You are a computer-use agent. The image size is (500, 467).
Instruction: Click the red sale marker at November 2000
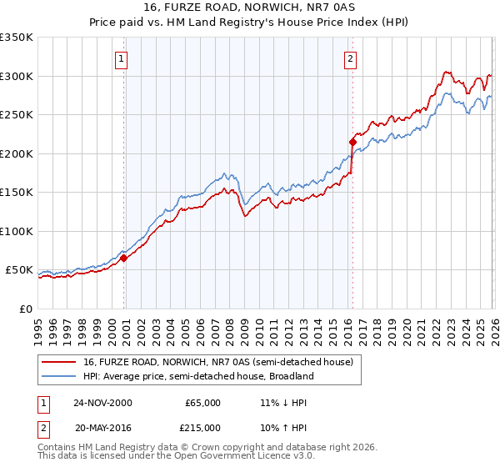click(124, 259)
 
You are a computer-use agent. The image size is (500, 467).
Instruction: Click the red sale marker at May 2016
click(352, 143)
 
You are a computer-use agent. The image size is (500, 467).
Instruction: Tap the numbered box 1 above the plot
click(122, 58)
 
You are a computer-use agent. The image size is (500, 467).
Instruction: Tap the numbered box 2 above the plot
click(350, 58)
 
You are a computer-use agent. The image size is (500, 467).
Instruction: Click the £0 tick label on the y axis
click(25, 309)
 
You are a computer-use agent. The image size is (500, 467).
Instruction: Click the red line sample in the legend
click(60, 363)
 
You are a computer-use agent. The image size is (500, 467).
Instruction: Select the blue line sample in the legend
click(60, 376)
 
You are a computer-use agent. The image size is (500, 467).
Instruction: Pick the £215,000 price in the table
click(202, 428)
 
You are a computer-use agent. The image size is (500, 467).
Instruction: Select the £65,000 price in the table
click(202, 403)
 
